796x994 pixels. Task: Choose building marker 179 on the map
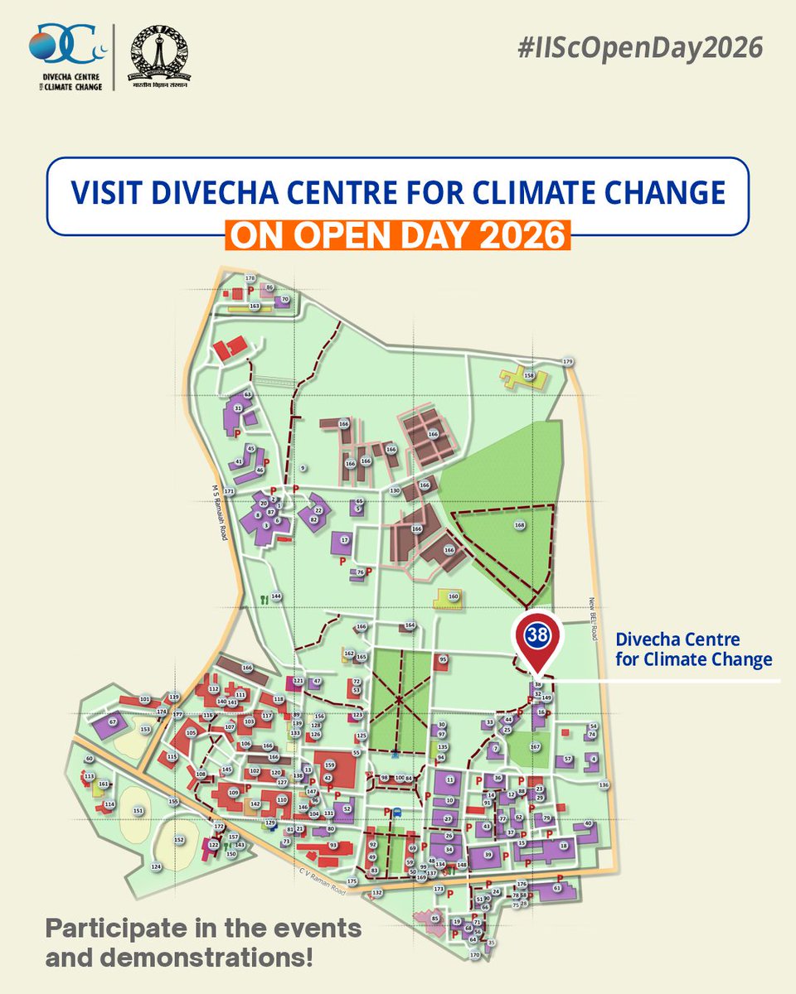(568, 362)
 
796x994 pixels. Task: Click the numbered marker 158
(528, 376)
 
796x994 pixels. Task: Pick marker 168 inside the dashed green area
(519, 525)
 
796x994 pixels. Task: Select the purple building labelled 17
(344, 540)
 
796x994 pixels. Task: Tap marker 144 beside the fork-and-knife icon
(277, 596)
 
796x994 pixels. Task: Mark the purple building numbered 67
(113, 722)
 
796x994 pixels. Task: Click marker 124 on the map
(155, 866)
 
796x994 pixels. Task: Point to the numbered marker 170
(474, 955)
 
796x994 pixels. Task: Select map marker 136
(604, 785)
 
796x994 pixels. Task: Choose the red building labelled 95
(443, 659)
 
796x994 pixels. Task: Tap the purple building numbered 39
(488, 854)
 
